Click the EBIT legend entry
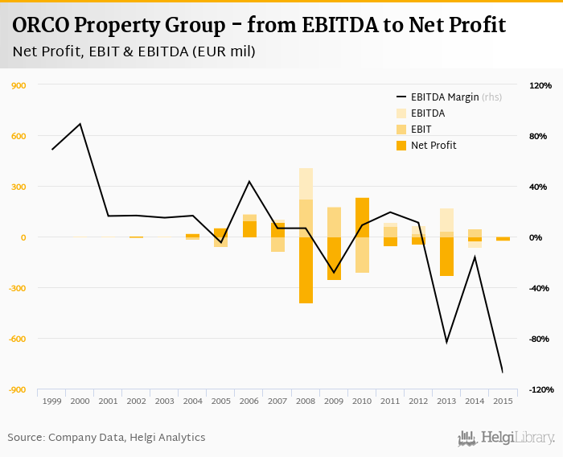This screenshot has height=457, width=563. (421, 130)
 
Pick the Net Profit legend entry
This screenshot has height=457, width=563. (433, 146)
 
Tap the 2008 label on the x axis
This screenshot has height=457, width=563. (306, 401)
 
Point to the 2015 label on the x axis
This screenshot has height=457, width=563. (503, 401)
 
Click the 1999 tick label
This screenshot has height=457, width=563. (52, 401)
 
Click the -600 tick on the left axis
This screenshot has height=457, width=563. (18, 339)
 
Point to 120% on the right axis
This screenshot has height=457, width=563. (540, 85)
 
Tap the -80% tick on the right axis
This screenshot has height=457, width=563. (540, 339)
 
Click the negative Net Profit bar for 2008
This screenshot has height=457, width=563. (306, 270)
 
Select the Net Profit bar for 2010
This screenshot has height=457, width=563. (362, 217)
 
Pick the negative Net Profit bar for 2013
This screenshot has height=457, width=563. (446, 257)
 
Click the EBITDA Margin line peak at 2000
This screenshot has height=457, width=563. (80, 124)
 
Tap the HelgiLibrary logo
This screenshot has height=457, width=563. (506, 438)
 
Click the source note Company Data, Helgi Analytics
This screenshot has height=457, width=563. (106, 438)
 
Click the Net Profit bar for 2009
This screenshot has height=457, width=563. (334, 258)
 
